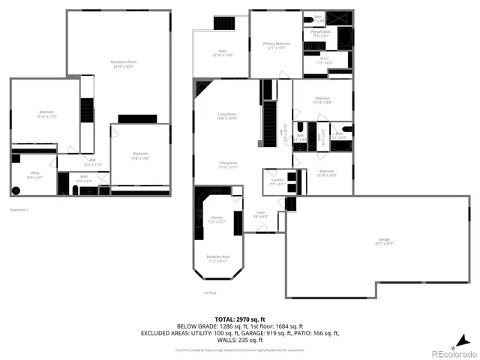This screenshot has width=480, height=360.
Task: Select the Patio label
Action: click(x=223, y=52)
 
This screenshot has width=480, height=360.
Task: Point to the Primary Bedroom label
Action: click(x=276, y=46)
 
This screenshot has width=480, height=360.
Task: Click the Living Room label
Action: click(x=226, y=116)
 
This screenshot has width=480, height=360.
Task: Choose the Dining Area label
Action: click(x=228, y=164)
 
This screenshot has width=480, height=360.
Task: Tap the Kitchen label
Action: click(x=217, y=220)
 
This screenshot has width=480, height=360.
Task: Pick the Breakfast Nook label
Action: click(x=217, y=259)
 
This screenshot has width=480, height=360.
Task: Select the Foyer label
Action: click(x=259, y=214)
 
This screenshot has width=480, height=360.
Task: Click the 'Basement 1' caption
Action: click(x=19, y=209)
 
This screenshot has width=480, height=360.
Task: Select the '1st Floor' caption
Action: click(x=210, y=292)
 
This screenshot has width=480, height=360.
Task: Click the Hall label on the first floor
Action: click(x=281, y=134)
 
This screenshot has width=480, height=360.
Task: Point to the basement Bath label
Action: click(x=83, y=179)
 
